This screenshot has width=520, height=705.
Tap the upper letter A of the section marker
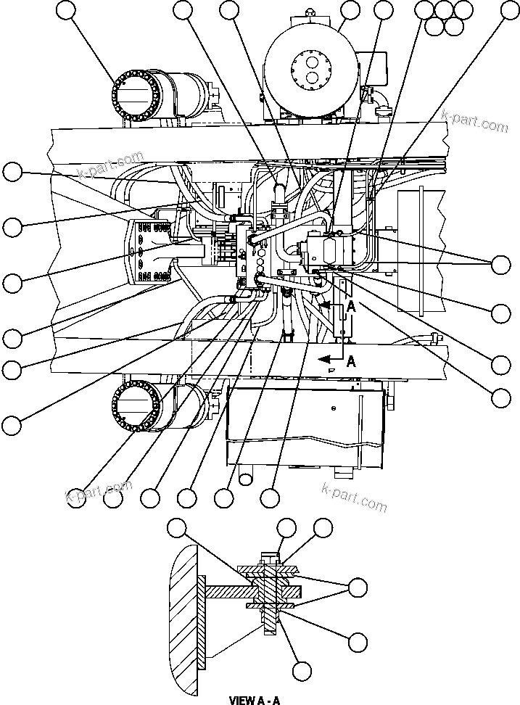(x=351, y=307)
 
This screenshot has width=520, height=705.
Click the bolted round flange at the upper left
(x=135, y=96)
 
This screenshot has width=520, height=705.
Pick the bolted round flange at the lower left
(x=136, y=406)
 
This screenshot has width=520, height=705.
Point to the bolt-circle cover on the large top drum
(x=311, y=69)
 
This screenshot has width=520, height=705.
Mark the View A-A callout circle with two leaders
(x=358, y=586)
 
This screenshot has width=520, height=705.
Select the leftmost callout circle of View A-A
(x=177, y=528)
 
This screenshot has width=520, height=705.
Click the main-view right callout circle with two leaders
(x=500, y=265)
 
